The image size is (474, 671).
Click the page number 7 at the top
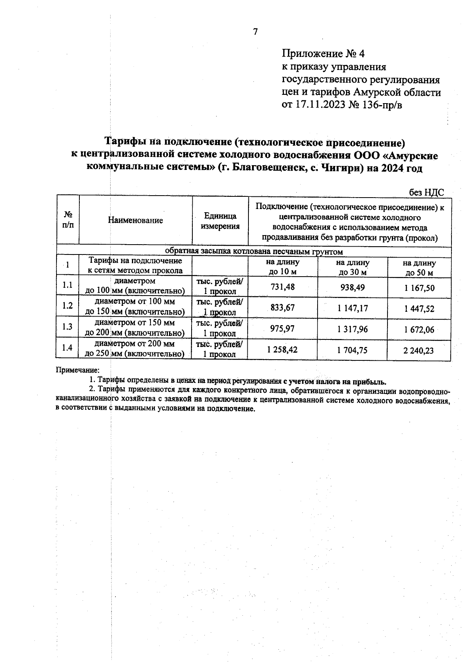pos(255,32)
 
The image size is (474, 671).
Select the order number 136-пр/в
pos(382,105)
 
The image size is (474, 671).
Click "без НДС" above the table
pos(426,192)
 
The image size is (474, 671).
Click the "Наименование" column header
pos(135,221)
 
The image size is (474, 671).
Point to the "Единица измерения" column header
pos(220,221)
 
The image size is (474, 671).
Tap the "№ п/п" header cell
pos(68,220)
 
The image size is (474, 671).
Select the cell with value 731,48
pos(282,287)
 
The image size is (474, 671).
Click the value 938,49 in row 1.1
pos(352,287)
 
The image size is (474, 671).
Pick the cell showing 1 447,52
pos(419,309)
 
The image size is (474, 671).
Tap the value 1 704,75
pos(352,350)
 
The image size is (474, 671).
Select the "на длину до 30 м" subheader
pos(352,268)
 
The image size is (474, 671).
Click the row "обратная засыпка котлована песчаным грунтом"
pos(254,251)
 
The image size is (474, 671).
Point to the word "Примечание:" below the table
pos(77,370)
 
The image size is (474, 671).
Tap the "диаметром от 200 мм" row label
pos(135,344)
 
